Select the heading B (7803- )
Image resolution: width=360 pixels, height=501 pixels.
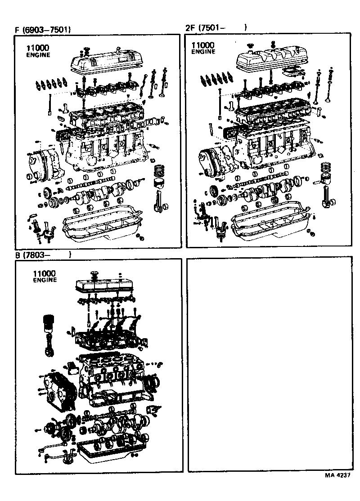(43, 255)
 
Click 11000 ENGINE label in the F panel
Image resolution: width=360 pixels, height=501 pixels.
(38, 51)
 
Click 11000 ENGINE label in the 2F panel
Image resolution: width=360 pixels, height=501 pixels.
(203, 48)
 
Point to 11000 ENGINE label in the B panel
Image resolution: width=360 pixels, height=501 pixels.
(45, 276)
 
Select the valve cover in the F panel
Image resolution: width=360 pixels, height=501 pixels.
(103, 59)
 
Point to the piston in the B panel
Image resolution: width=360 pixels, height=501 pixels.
(48, 324)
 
